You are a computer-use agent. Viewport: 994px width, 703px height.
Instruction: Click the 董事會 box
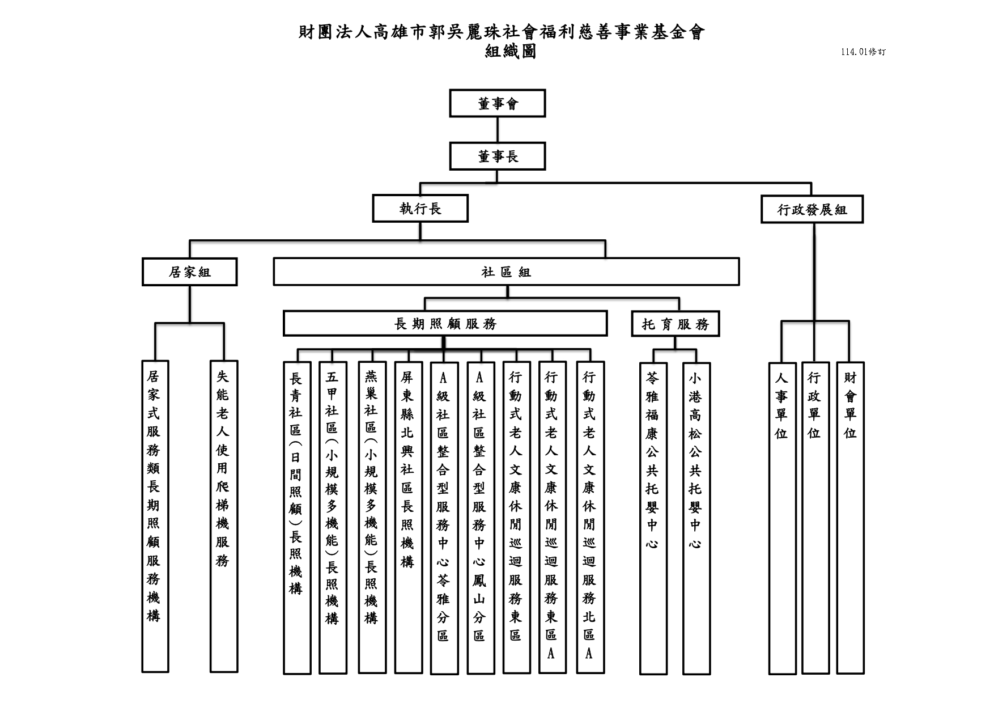point(498,103)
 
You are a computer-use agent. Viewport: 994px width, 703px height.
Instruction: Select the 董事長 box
point(498,156)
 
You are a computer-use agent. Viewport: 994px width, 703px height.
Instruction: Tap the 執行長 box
point(420,209)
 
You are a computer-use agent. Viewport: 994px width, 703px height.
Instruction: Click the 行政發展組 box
point(812,210)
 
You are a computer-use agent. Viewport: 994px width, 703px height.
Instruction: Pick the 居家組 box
point(189,272)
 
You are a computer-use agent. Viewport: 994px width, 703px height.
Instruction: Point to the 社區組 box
point(506,272)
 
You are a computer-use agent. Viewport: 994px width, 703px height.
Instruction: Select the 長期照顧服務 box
point(445,323)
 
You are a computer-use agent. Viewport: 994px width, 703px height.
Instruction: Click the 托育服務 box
point(676,324)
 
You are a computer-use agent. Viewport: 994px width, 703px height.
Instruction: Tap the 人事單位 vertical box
point(782,518)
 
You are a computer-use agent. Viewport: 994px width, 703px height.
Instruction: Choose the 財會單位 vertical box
point(850,518)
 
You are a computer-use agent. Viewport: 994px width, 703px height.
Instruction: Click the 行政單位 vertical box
point(815,518)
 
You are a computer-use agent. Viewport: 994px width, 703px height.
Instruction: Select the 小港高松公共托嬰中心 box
point(696,518)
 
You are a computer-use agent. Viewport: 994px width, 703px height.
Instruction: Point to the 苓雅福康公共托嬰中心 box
point(653,518)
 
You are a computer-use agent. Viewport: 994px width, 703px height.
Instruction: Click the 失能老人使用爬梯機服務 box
point(223,516)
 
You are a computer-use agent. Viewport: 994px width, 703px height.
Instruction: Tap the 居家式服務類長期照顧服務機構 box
point(155,516)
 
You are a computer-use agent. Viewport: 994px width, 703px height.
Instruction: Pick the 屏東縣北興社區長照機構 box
point(408,518)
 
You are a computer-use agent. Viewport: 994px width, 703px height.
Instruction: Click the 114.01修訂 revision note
point(863,52)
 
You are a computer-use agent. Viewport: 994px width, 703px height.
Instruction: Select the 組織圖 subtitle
point(511,52)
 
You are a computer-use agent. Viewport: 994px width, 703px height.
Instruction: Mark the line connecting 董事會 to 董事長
point(498,130)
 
